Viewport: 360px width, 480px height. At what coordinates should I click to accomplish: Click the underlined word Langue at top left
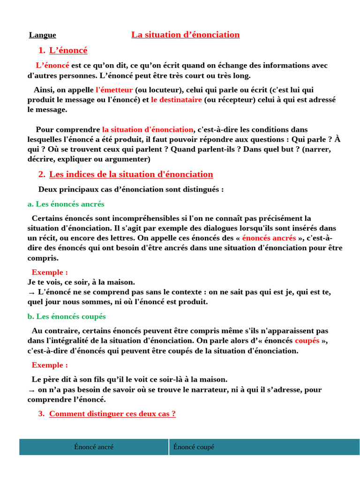[42, 35]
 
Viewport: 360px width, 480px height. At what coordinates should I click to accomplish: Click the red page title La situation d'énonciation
[185, 35]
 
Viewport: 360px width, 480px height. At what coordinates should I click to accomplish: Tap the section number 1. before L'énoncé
[42, 51]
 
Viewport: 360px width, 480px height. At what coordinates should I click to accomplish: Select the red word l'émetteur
[114, 90]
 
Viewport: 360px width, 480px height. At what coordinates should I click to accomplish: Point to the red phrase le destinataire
[176, 100]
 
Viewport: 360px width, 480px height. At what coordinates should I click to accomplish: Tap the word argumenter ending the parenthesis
[127, 159]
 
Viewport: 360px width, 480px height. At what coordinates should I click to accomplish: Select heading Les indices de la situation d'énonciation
[131, 174]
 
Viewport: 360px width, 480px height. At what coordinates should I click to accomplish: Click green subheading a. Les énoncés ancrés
[66, 204]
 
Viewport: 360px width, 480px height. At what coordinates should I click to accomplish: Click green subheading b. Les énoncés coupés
[67, 316]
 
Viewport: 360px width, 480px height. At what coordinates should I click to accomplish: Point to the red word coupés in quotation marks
[307, 341]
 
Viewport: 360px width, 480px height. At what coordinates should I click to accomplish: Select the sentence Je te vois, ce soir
[81, 282]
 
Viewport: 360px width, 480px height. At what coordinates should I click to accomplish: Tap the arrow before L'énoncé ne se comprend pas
[31, 292]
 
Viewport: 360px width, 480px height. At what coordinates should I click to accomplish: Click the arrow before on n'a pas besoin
[31, 390]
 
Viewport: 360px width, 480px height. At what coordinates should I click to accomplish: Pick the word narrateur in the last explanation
[212, 390]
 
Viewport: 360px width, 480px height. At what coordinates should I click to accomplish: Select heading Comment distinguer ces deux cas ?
[112, 414]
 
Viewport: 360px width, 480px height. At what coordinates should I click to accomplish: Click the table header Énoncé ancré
[94, 447]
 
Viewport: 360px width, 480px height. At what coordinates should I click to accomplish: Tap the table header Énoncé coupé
[194, 447]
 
